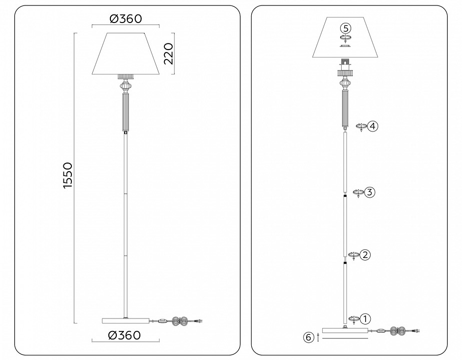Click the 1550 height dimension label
67,175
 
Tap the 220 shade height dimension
168,53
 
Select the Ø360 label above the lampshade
126,19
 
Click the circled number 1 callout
366,318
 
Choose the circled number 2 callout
365,254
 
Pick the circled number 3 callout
370,192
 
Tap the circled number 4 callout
373,126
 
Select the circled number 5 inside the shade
346,28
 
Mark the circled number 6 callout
309,337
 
